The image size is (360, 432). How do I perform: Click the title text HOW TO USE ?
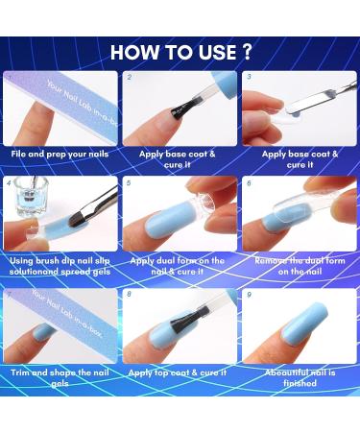coord(180,51)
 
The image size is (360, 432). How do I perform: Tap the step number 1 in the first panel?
coord(10,76)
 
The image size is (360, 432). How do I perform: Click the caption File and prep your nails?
coord(60,153)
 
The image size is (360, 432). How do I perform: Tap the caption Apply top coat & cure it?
coord(180,371)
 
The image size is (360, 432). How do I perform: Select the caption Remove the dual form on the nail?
coord(299,266)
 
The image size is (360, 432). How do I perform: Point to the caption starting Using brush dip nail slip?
coord(60,266)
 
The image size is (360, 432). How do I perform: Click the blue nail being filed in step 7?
coord(43,334)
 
